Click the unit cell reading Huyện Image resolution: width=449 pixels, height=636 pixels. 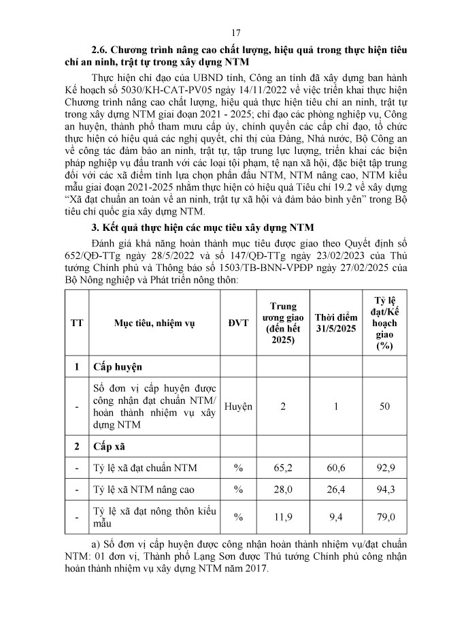239,407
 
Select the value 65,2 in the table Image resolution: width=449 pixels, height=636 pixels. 284,468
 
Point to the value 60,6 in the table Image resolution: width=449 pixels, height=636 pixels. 337,468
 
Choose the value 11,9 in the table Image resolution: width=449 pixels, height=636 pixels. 284,518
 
